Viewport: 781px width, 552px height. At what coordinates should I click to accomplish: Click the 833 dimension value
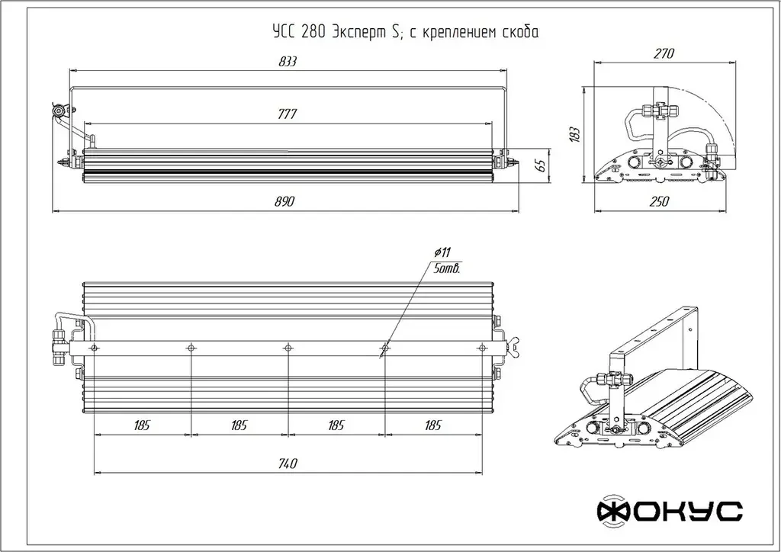287,62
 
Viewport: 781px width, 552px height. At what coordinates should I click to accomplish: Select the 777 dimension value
287,114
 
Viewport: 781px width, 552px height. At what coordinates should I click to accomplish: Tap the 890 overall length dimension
284,201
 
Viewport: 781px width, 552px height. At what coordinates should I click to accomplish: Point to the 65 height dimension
541,164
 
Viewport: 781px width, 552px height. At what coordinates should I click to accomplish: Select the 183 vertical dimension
576,133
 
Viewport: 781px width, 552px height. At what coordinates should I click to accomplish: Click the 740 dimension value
287,464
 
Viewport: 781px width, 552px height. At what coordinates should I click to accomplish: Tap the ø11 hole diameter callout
443,252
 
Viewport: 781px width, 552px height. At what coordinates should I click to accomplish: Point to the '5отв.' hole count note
445,269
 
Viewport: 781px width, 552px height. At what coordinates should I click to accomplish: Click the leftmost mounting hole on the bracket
94,348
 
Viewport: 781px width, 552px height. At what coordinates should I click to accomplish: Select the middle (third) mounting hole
288,348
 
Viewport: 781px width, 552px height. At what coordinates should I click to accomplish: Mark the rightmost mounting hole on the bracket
481,348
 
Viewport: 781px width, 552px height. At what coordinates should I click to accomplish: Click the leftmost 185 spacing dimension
141,425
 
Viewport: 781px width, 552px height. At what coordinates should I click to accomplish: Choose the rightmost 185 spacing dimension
433,425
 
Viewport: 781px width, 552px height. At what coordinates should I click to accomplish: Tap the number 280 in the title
312,32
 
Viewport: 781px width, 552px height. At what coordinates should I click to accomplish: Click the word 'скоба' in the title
522,32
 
